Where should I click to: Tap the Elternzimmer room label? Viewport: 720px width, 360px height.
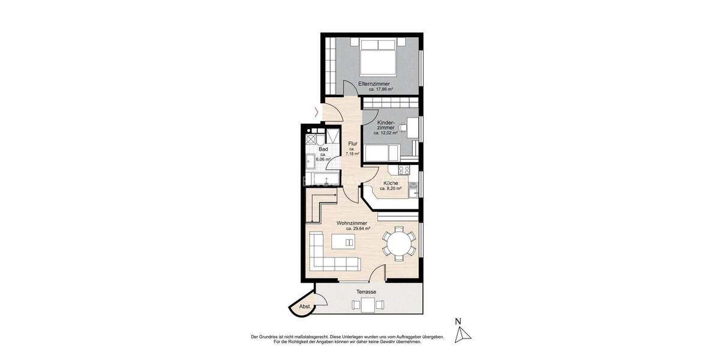(x=374, y=83)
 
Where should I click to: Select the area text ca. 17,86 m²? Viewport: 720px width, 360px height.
(x=380, y=89)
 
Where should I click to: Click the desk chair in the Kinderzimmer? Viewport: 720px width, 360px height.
(x=404, y=127)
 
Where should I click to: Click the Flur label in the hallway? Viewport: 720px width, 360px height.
(x=353, y=143)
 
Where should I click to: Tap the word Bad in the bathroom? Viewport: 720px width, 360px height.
(x=323, y=149)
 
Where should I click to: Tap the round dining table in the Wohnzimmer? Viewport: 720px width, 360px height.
(x=397, y=243)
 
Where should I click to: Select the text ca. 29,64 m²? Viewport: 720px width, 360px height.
(x=358, y=229)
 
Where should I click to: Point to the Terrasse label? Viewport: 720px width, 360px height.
(x=365, y=292)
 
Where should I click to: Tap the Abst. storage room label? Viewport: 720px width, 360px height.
(x=305, y=307)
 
